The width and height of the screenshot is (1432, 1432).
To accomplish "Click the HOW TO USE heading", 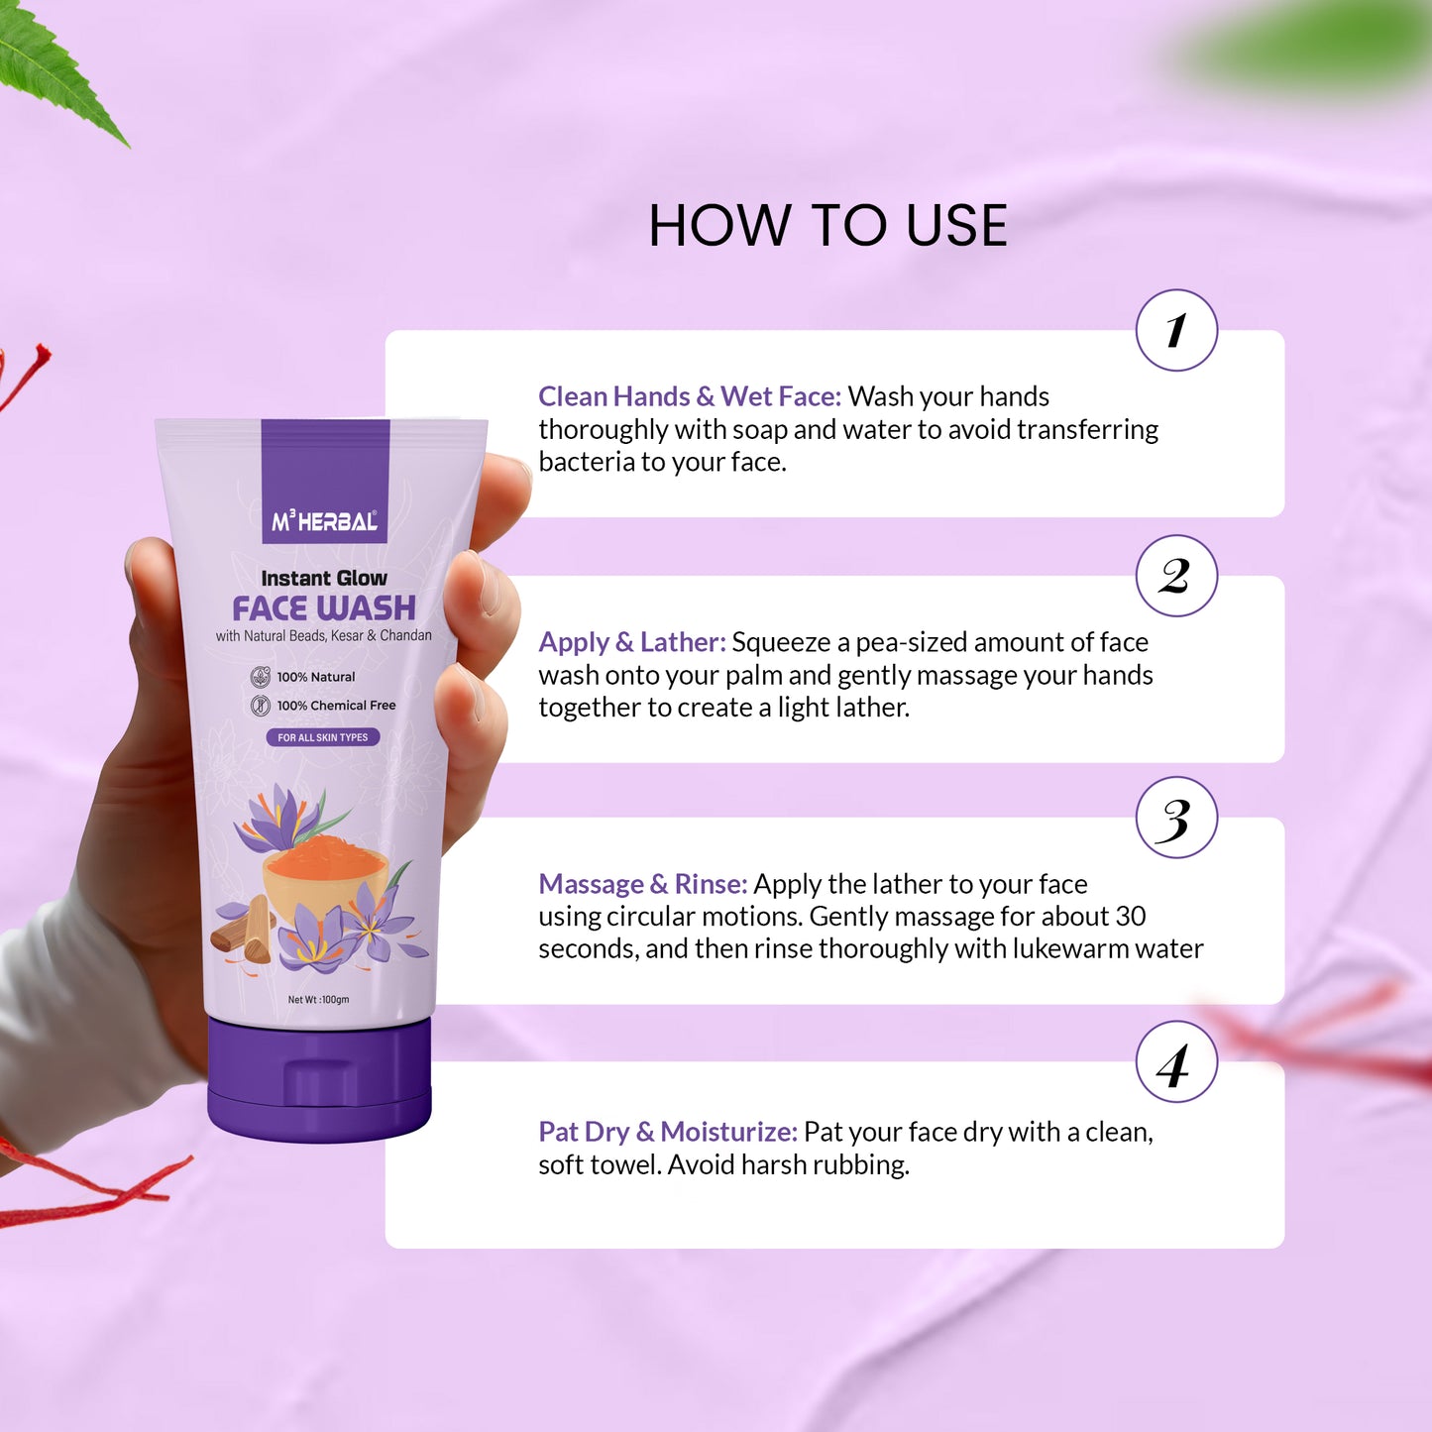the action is coord(827,225).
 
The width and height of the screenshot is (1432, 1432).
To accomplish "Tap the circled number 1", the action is coord(1176,330).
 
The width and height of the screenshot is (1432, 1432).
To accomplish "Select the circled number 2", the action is coord(1176,576).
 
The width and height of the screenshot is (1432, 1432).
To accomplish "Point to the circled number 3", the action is coord(1176,818).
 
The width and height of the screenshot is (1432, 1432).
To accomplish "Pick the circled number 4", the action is coord(1176,1062).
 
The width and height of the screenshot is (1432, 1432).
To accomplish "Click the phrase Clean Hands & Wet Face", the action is coord(689,396).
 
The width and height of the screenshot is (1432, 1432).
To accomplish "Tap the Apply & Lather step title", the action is coord(631,643).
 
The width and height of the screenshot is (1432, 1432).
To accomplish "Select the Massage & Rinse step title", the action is coord(643,884).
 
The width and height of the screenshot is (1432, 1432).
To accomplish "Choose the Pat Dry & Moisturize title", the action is coord(667,1132).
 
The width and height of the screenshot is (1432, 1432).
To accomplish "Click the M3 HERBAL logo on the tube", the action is coord(324,521).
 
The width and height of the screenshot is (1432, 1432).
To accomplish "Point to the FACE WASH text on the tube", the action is coord(324,608).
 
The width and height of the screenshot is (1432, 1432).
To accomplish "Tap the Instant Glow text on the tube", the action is coord(324,578).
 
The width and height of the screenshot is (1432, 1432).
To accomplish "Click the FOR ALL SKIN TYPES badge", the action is coord(323,737).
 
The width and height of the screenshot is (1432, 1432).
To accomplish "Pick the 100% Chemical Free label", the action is coord(322,706).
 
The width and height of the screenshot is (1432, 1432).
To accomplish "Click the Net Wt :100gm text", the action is coord(318,1000).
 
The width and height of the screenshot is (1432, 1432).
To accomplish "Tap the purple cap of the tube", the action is coord(319,1079).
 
